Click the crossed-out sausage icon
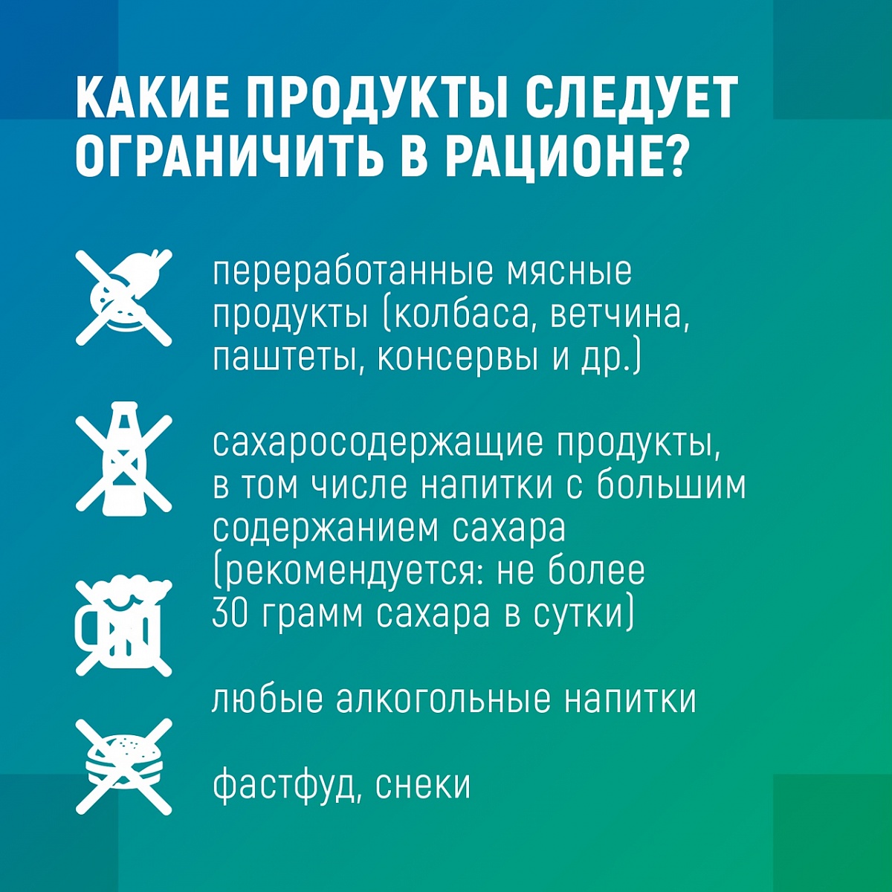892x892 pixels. pyautogui.click(x=124, y=297)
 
